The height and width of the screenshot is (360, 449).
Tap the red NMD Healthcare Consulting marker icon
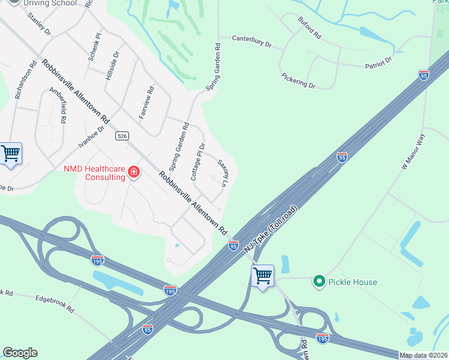[134, 174]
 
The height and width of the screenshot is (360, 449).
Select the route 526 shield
[122, 136]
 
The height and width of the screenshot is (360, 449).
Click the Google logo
[20, 352]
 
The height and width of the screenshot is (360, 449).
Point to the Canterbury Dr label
[252, 41]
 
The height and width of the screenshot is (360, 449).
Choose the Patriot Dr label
[378, 62]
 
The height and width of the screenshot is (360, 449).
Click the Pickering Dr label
[298, 81]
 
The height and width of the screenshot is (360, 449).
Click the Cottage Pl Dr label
[198, 161]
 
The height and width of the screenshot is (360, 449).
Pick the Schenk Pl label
[93, 48]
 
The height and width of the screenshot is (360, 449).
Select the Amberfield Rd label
[58, 104]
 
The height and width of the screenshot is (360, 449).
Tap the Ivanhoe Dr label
[91, 136]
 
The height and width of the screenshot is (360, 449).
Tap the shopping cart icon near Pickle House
[262, 277]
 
